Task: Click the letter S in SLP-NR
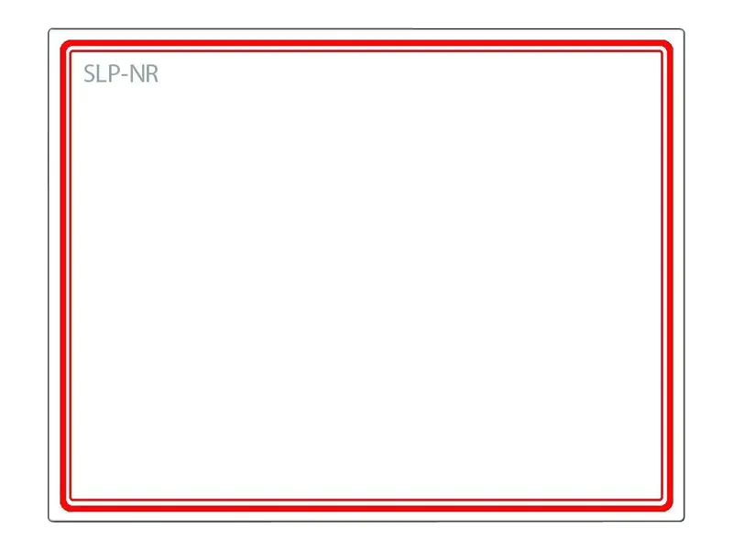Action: [x=90, y=74]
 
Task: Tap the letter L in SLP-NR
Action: [x=102, y=74]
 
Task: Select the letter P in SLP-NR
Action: [x=113, y=74]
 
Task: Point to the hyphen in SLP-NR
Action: [x=124, y=76]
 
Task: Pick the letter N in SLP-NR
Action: [x=136, y=74]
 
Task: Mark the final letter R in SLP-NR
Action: [x=151, y=74]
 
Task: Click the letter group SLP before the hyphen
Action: [x=102, y=74]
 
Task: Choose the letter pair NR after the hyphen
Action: [x=143, y=74]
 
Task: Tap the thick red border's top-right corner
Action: [x=669, y=45]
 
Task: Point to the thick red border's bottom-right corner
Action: [x=669, y=506]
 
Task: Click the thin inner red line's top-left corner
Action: [x=71, y=51]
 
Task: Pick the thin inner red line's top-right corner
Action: [x=662, y=51]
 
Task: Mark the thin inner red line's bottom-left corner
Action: [x=71, y=499]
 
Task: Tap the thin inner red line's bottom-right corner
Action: [x=662, y=499]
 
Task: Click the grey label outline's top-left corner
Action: [x=50, y=30]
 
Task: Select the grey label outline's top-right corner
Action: [x=683, y=30]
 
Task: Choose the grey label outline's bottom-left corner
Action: [x=50, y=520]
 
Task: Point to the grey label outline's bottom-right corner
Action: [x=683, y=520]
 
